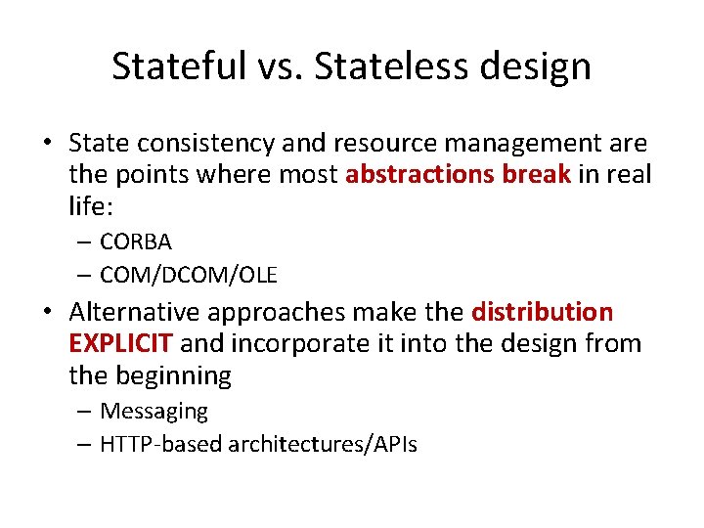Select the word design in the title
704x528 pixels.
(544, 66)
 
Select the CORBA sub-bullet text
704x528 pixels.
(135, 242)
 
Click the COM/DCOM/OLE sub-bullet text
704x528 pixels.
(189, 276)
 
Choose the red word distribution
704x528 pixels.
(543, 313)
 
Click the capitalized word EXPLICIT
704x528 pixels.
(121, 344)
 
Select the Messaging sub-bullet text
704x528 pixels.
(154, 412)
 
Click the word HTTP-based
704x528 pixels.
(161, 445)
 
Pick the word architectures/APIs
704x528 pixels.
(323, 445)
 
